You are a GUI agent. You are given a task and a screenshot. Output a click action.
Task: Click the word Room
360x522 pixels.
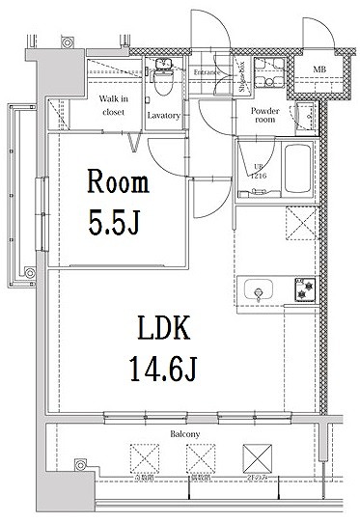click(x=118, y=183)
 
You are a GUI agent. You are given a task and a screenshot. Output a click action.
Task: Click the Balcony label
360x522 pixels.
click(x=185, y=435)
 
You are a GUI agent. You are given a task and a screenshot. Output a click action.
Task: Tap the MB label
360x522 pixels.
click(x=318, y=68)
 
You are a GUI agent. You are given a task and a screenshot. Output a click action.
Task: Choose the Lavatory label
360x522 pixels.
click(x=164, y=116)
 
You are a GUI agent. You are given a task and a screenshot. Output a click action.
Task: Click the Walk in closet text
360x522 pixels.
click(x=115, y=105)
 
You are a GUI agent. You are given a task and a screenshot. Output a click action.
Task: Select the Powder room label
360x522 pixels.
click(x=265, y=116)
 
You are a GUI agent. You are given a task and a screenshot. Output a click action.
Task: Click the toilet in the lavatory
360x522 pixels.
click(x=164, y=85)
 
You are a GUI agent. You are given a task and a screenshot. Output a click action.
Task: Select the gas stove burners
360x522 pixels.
click(x=305, y=289)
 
